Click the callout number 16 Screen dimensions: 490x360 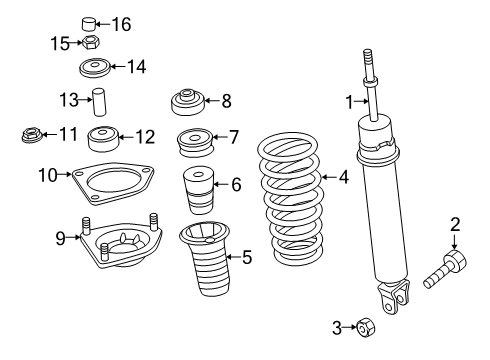pyautogui.click(x=121, y=24)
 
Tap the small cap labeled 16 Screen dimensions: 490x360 pyautogui.click(x=89, y=24)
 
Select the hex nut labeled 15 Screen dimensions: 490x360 pyautogui.click(x=91, y=42)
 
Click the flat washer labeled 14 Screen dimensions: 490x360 pyautogui.click(x=95, y=68)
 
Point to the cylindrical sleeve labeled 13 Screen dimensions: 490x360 pyautogui.click(x=98, y=102)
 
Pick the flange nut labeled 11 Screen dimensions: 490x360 pyautogui.click(x=32, y=135)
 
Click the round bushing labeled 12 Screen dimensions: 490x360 pyautogui.click(x=103, y=138)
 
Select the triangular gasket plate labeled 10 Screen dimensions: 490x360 pyautogui.click(x=113, y=183)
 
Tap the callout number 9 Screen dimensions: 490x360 pyautogui.click(x=60, y=238)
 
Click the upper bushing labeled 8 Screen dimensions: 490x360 pyautogui.click(x=187, y=102)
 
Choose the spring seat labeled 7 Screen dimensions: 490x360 pyautogui.click(x=195, y=143)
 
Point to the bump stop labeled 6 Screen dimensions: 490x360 pyautogui.click(x=198, y=190)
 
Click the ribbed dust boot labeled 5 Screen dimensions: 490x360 pyautogui.click(x=206, y=258)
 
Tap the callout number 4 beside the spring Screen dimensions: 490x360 pyautogui.click(x=344, y=177)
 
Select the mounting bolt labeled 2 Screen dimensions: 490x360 pyautogui.click(x=445, y=269)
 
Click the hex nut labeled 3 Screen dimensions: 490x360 pyautogui.click(x=366, y=327)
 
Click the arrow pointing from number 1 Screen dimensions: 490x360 pyautogui.click(x=361, y=101)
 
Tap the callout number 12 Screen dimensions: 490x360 pyautogui.click(x=145, y=137)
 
